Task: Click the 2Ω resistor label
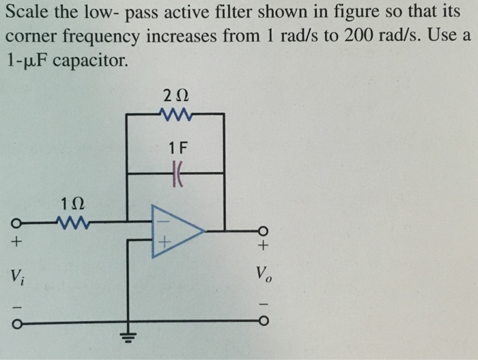175,96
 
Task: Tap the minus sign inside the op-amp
163,221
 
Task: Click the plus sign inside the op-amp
163,242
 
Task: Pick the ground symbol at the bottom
127,334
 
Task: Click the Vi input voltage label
16,277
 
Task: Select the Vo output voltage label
264,276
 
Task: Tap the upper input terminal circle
15,221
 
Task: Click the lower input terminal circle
15,322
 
